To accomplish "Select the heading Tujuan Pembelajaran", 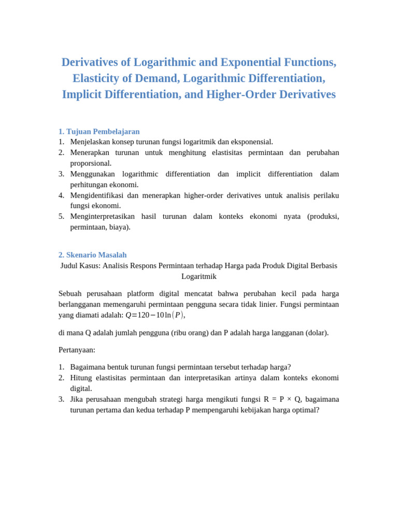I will point(103,132).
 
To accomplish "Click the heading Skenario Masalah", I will point(96,255).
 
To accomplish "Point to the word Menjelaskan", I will point(91,142).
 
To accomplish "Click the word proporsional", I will point(91,163).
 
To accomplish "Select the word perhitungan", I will point(91,185).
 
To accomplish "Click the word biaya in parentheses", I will point(119,227).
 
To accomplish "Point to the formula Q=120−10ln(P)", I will point(155,315).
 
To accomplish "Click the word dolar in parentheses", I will point(317,333).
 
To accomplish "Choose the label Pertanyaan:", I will point(77,350).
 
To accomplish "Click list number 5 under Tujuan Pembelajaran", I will point(61,217).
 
